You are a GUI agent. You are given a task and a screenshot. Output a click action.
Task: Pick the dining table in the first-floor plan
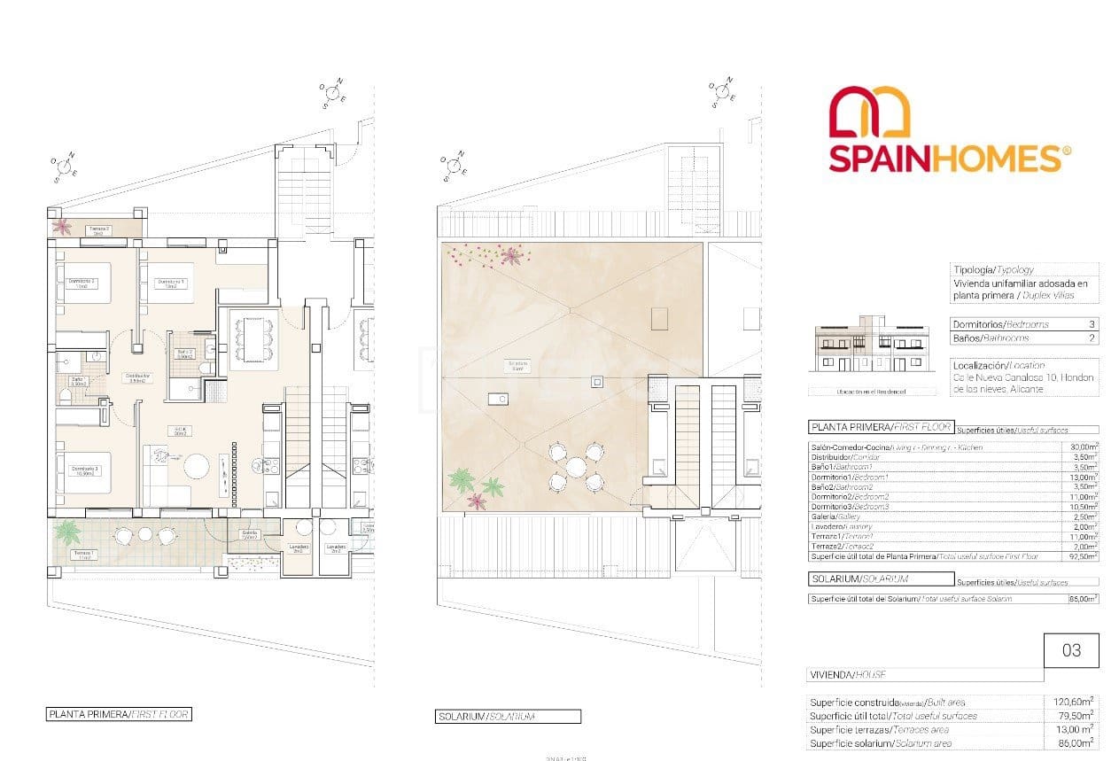click(249, 338)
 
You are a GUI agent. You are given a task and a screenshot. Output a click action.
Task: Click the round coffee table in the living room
click(196, 467)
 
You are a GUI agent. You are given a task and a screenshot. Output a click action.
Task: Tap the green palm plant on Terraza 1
click(66, 532)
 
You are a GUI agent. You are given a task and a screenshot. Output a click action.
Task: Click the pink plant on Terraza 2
click(61, 227)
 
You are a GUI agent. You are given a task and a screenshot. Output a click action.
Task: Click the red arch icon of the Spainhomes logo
click(870, 114)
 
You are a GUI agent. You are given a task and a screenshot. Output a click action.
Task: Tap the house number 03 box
click(1071, 650)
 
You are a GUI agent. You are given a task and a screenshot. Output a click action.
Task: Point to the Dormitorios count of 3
click(1092, 324)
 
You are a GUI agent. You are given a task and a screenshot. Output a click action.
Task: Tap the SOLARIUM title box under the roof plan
click(509, 717)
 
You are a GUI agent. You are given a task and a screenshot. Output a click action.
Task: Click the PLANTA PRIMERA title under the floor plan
click(119, 714)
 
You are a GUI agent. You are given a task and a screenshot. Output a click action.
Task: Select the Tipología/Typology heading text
click(992, 269)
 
